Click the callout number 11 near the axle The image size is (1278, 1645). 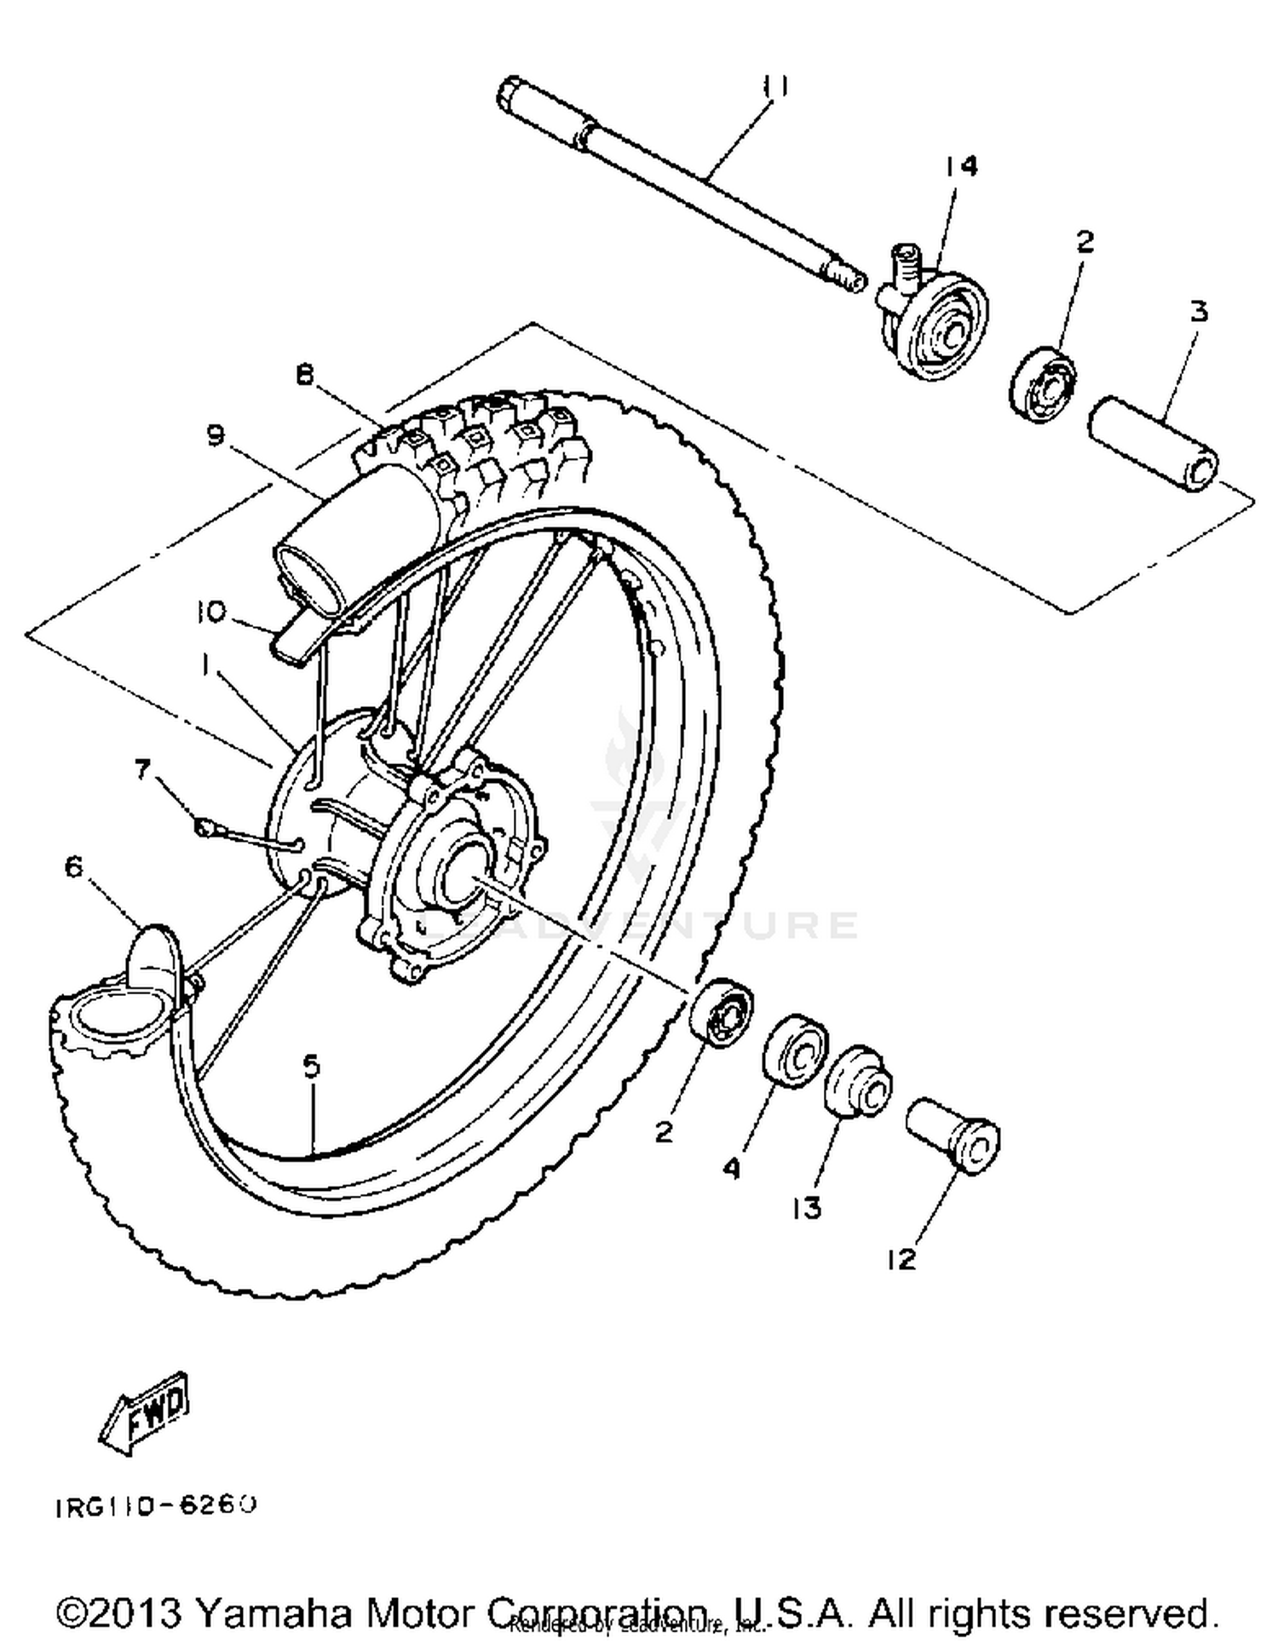click(774, 87)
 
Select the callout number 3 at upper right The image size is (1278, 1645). click(1198, 312)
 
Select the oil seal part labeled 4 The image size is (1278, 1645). click(795, 1050)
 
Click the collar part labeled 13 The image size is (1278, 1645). click(858, 1082)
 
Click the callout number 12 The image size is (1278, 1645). click(901, 1258)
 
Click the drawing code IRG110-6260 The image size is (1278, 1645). click(155, 1506)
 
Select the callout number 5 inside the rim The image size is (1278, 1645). click(311, 1066)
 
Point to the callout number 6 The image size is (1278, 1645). click(74, 867)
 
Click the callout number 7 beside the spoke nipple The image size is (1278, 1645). click(141, 769)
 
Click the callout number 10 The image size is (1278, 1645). click(210, 611)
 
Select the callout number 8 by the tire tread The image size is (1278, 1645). click(305, 375)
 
